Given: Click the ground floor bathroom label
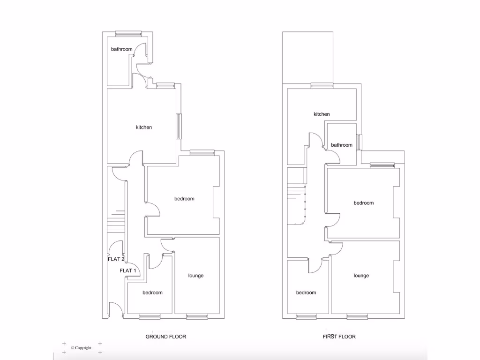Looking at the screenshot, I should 121,49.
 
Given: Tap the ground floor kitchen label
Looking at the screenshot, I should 144,127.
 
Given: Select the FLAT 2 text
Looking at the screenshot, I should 116,259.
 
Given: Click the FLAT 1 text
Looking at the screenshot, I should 128,270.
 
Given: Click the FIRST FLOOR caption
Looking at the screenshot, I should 339,337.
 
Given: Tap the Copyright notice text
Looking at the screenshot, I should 81,348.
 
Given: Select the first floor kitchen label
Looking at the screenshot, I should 322,114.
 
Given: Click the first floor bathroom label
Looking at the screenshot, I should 341,145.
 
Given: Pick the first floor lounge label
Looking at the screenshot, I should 361,276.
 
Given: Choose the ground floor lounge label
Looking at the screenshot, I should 196,276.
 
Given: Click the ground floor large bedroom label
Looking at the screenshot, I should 184,199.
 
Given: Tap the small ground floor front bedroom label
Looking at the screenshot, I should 152,292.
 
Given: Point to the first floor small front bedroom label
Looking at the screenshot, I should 306,292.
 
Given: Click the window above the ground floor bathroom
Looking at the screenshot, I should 128,33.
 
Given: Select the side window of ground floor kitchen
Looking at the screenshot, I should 179,126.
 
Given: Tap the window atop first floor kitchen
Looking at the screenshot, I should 322,85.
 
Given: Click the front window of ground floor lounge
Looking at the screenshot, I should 197,317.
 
